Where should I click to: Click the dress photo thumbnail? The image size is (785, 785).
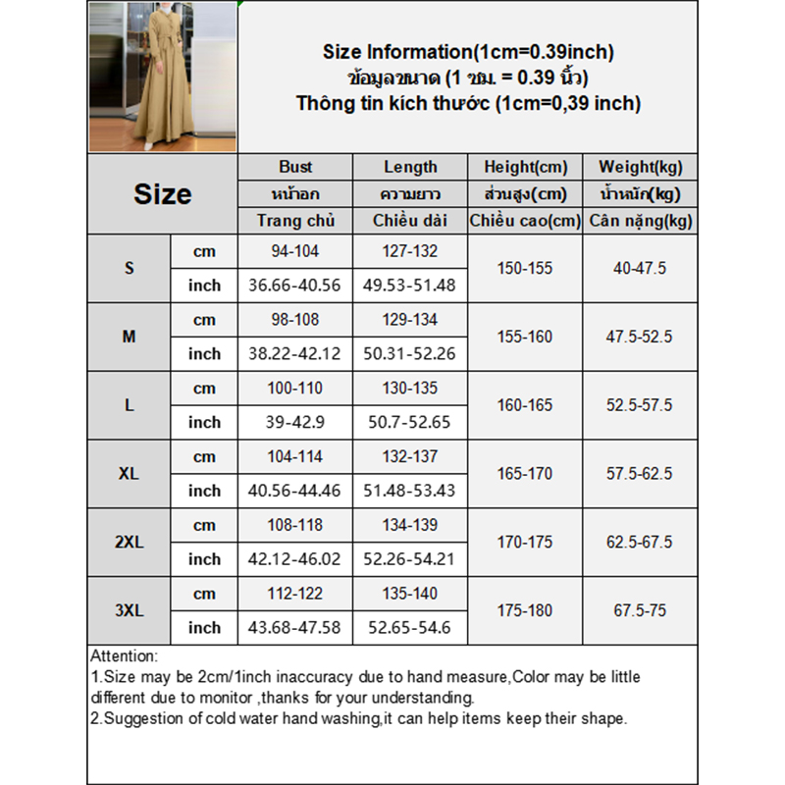(163, 77)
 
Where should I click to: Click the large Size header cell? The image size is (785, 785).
(162, 193)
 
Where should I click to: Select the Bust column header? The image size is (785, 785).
(295, 167)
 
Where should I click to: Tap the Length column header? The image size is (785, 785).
(410, 167)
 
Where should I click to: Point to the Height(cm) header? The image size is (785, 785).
(525, 167)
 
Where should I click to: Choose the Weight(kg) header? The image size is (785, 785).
(641, 167)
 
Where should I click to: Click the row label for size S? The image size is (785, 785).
(130, 268)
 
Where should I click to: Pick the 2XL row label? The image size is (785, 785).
(130, 542)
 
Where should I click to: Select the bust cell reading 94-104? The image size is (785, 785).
(295, 251)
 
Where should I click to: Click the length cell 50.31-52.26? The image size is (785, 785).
(410, 353)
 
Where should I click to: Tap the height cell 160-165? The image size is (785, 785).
(525, 404)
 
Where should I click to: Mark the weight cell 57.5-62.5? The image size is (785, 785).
(641, 473)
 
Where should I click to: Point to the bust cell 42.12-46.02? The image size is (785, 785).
(295, 558)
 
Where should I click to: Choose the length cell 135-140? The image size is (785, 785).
(410, 594)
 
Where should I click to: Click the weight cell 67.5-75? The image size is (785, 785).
(641, 610)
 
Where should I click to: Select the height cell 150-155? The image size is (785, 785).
(525, 268)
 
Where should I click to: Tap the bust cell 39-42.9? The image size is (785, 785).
(295, 422)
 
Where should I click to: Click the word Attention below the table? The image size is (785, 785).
(123, 655)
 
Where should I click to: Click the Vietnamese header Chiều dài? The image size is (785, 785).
(410, 221)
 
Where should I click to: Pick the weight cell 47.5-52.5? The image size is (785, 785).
(641, 337)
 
